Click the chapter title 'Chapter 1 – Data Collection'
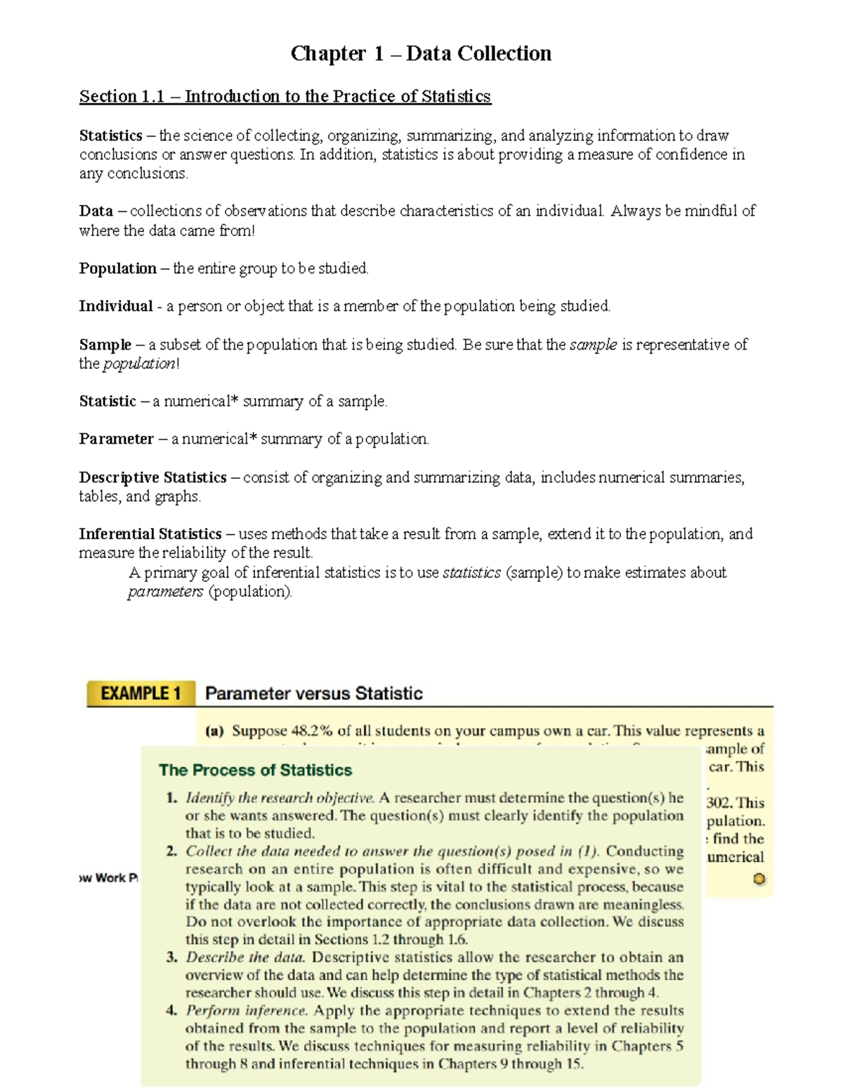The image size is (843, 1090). (421, 53)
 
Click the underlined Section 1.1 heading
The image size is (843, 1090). (285, 96)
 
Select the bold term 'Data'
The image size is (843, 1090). (96, 211)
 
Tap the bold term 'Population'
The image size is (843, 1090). (117, 268)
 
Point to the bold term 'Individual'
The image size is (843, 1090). (115, 306)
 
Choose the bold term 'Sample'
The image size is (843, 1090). (105, 345)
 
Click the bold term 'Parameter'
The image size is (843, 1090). (116, 439)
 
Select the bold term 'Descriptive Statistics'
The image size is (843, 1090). (152, 477)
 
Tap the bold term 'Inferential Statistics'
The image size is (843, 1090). (150, 534)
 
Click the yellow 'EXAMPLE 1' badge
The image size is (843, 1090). (140, 693)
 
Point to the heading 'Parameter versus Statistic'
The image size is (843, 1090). (313, 693)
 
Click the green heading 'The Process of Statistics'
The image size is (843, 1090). (255, 770)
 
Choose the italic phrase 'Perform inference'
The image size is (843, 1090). (247, 1011)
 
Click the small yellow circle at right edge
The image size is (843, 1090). (759, 878)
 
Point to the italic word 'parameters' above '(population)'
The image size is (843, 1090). (165, 592)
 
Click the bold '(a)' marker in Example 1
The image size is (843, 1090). (214, 731)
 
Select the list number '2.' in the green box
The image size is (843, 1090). (171, 851)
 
